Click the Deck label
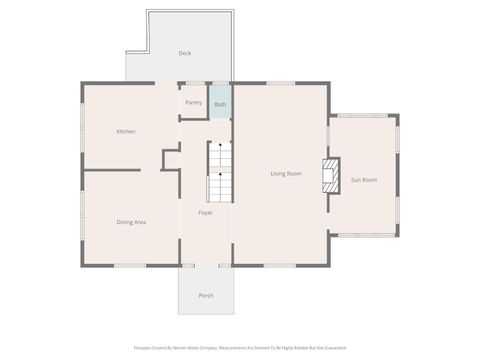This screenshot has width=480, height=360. (x=185, y=53)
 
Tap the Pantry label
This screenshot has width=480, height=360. (x=194, y=102)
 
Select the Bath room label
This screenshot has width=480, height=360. (x=220, y=104)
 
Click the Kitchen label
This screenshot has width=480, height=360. (x=126, y=131)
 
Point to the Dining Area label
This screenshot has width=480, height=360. (x=132, y=221)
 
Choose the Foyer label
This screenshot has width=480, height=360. (x=205, y=213)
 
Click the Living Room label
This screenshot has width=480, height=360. (x=286, y=173)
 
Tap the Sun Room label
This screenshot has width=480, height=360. (x=363, y=179)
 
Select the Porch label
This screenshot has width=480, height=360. (x=206, y=295)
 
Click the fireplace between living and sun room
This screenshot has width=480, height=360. (x=328, y=175)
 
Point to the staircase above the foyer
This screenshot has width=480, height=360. (x=219, y=172)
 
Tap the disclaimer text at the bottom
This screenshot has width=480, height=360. (x=240, y=348)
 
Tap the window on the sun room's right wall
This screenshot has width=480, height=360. (x=397, y=175)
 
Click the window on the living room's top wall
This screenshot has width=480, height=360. (x=280, y=83)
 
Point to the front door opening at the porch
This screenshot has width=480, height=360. (x=206, y=265)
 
